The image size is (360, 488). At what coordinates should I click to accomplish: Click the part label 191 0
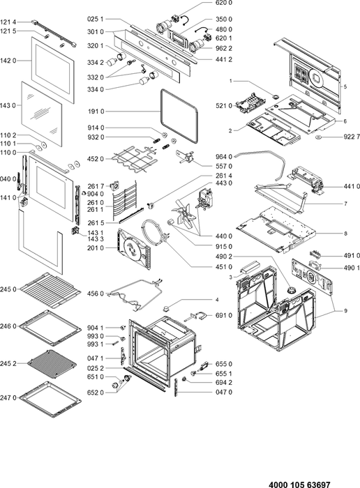96,112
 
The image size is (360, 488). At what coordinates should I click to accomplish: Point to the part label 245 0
8,289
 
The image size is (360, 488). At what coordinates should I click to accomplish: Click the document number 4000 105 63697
299,485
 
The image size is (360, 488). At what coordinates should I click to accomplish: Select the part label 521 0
224,106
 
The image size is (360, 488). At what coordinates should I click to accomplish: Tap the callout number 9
345,311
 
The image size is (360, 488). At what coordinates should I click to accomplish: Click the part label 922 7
352,137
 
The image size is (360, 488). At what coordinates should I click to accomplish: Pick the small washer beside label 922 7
319,137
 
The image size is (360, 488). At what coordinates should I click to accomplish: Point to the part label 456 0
96,293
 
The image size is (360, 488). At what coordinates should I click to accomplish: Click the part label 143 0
8,105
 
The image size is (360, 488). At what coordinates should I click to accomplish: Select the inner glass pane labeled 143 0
41,114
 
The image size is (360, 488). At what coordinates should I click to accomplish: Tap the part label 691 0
224,315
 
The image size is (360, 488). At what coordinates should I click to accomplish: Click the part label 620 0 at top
224,3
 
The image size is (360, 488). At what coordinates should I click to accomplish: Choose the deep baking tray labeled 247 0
50,399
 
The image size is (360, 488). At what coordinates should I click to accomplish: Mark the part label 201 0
96,247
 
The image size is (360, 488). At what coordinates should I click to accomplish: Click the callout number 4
217,300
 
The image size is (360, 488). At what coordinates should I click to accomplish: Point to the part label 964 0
224,157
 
